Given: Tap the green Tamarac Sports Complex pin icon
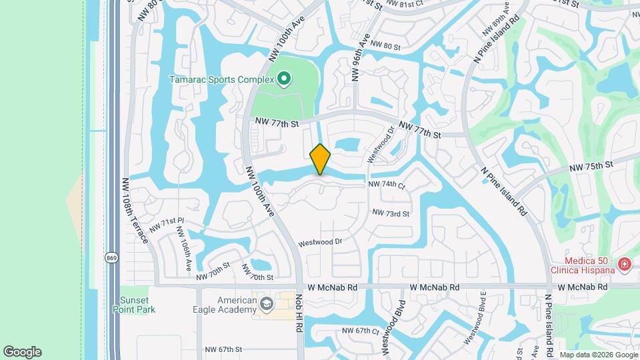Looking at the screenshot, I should (284, 80).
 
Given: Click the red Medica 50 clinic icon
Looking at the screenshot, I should (624, 265).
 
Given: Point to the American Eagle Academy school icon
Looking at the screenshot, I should (267, 304).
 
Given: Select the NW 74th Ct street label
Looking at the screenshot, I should (387, 185).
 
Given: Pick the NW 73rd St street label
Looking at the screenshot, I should (390, 213).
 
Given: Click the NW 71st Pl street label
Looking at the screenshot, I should (166, 225).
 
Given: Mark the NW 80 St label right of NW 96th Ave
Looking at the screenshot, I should (385, 46).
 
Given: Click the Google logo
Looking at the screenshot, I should (22, 352).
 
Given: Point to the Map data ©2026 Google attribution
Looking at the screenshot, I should (597, 355).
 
